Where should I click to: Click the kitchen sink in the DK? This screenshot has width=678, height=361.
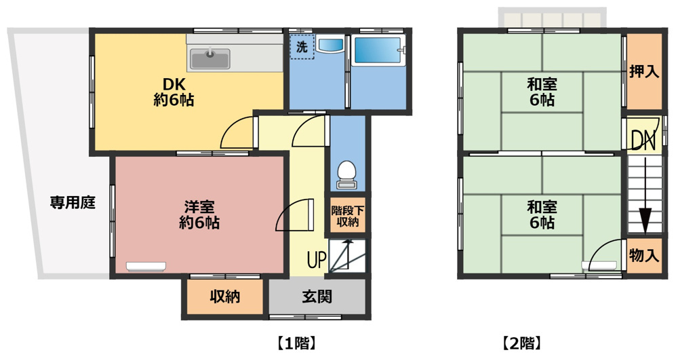210,59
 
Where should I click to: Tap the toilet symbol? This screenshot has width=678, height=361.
346,175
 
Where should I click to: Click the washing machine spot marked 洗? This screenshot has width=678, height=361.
302,46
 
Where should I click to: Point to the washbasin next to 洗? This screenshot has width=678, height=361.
330,44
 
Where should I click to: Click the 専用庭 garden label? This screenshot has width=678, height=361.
73,202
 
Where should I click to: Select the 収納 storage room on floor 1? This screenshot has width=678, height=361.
225,297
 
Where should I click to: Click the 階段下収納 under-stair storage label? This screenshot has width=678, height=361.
348,216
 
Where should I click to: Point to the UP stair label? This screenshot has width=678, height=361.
317,260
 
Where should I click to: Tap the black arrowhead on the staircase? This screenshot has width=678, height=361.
645,221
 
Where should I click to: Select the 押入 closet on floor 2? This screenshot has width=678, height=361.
644,71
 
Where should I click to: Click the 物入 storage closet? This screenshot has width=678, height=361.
644,255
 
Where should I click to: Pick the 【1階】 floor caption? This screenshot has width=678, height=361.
297,343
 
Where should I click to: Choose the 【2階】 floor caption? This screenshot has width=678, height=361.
521,343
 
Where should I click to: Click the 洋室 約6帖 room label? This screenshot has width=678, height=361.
199,214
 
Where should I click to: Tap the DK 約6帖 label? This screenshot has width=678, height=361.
174,92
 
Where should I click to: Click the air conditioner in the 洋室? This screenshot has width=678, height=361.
146,266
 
